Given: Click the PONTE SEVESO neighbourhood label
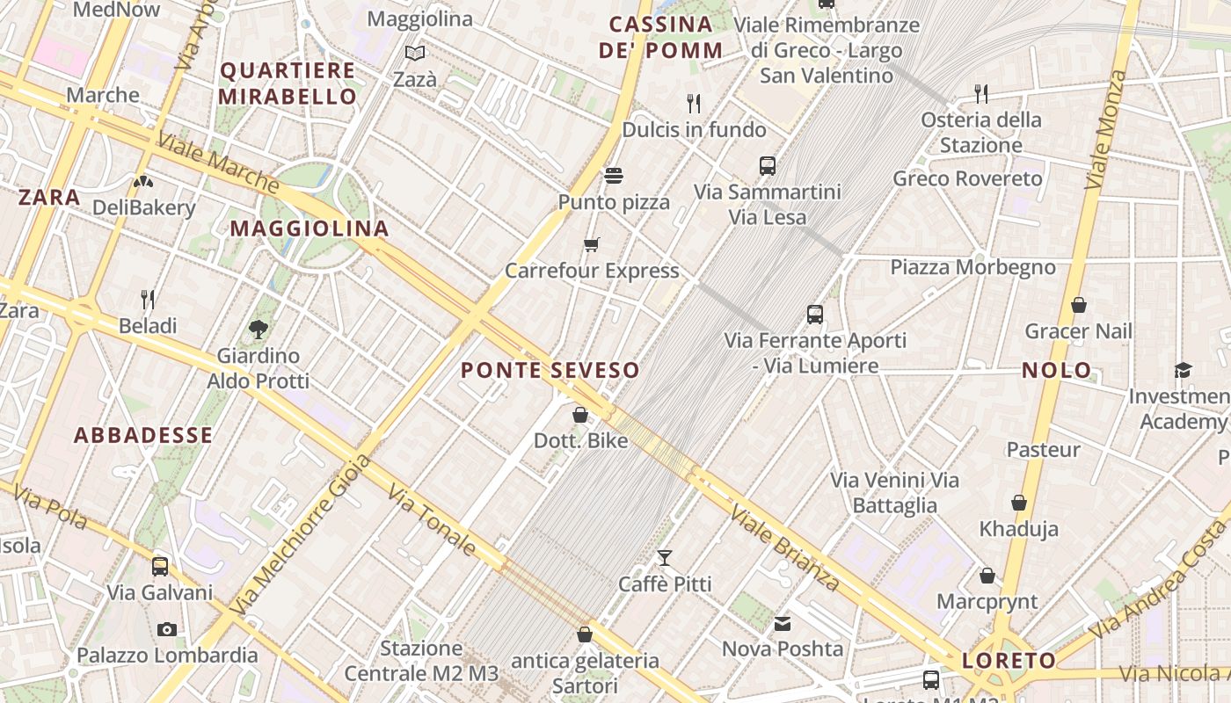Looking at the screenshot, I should point(550,370).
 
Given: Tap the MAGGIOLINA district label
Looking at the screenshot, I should point(310,228).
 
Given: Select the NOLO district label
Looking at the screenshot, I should point(1057,370).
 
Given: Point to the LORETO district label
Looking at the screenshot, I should point(1009,660).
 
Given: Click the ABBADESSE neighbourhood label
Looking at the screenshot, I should point(143,435).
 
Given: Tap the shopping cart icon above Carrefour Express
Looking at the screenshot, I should point(592,244).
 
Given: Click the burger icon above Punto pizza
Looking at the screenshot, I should point(614,176).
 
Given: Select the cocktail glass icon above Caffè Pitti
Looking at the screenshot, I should point(665,558).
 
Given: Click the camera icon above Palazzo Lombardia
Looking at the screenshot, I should point(167,629).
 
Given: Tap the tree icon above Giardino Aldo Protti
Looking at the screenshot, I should point(259,330).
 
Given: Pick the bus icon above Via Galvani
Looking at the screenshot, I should point(160,567).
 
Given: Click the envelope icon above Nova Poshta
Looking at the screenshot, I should point(782,624).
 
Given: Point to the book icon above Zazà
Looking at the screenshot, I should point(415,53).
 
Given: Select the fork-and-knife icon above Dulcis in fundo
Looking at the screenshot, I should point(694,104).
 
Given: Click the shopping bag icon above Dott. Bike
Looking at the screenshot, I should point(580,414).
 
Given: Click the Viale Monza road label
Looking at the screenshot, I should point(1104,129).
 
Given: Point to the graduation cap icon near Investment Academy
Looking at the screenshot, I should point(1183,371).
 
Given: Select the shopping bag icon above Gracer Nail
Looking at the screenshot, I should point(1079,305).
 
